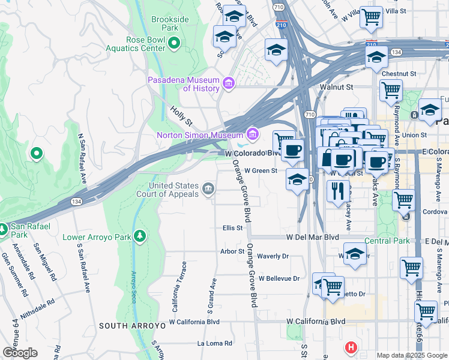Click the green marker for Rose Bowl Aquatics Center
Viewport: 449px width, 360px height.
click(x=174, y=43)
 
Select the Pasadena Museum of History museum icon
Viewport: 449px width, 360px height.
click(x=228, y=83)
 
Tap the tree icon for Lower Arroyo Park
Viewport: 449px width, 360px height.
click(x=140, y=236)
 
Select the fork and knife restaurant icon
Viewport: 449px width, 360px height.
click(x=338, y=190)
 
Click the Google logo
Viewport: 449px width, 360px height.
click(x=19, y=353)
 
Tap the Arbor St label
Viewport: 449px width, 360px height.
click(x=232, y=251)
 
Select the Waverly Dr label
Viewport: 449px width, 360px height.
click(x=273, y=256)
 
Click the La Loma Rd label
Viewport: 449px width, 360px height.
click(x=214, y=344)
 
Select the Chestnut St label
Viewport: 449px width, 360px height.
click(x=399, y=74)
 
